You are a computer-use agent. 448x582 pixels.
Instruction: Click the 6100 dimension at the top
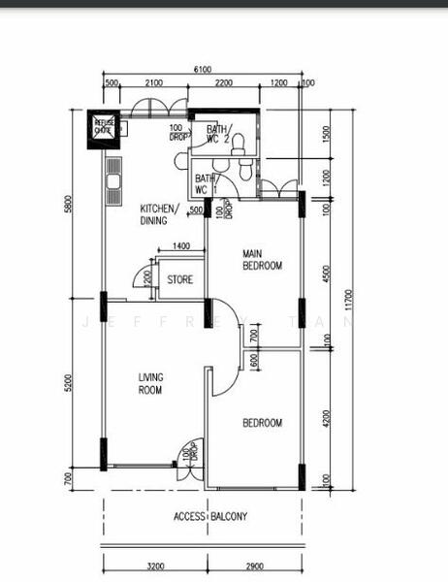(203, 69)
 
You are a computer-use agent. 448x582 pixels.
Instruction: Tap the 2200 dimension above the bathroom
(223, 83)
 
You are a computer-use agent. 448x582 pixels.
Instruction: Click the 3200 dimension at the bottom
(154, 565)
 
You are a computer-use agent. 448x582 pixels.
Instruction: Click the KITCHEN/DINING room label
(158, 214)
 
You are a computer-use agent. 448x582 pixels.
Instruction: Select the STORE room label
(180, 280)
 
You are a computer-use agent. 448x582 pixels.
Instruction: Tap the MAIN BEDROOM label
(262, 259)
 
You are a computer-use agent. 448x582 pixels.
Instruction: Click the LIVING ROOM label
(149, 384)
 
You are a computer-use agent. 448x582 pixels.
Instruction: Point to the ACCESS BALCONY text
(210, 517)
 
